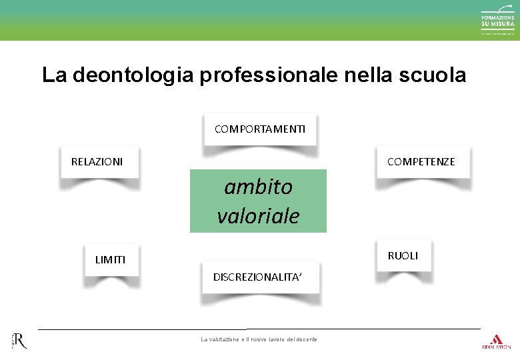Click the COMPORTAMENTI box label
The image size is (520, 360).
pos(260,129)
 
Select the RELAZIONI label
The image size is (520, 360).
pos(97,161)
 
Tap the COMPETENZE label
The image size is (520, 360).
pos(421,161)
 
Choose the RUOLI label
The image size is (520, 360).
pos(403,255)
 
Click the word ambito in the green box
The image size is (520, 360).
pos(258,187)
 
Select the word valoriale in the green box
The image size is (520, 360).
pos(258,215)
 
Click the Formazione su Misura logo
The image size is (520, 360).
pos(498,21)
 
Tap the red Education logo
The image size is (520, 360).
pos(496,340)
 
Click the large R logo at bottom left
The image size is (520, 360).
pos(20,341)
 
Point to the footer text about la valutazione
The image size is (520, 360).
pos(259,339)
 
